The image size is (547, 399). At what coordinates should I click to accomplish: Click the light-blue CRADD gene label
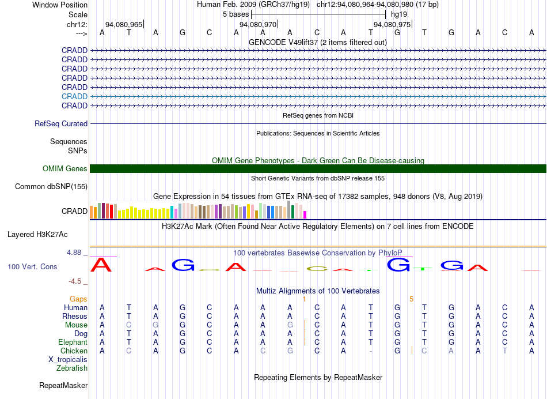point(74,96)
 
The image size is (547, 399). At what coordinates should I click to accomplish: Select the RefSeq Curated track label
point(61,124)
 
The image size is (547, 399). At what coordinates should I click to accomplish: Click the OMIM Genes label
point(65,169)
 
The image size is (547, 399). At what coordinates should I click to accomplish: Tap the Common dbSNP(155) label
point(51,187)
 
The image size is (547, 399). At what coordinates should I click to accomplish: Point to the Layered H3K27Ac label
point(37,235)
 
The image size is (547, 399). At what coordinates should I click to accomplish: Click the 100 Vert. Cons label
point(32,266)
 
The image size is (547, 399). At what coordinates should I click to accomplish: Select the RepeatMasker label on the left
point(63,385)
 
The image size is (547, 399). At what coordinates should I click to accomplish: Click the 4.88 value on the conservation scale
point(74,252)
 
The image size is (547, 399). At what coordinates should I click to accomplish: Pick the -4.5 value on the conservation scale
point(75,281)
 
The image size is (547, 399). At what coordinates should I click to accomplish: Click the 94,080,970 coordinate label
point(258,24)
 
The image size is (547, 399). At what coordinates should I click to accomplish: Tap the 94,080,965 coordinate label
point(124,24)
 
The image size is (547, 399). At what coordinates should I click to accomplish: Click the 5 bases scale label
point(236,14)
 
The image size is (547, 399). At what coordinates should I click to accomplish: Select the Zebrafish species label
point(72,368)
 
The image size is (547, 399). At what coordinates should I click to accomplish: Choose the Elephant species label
point(73,342)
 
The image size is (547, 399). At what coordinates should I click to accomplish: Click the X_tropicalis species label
point(68,360)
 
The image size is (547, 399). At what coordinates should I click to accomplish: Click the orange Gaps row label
point(78,299)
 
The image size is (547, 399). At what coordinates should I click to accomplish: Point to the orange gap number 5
point(411,299)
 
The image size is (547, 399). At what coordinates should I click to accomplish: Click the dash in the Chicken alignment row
point(370,351)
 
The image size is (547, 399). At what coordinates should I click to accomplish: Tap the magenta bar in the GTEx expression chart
point(305,215)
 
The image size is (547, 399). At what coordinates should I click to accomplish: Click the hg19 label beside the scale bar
point(399,14)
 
